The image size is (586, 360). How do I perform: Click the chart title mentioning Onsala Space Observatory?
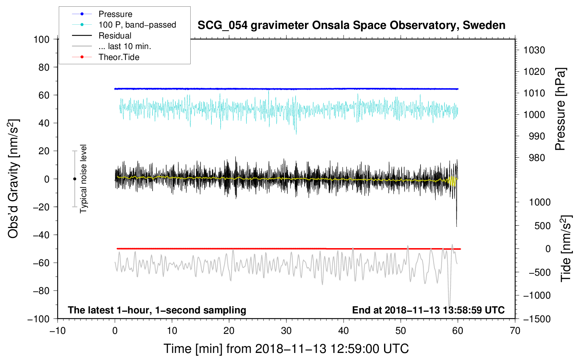[351, 25]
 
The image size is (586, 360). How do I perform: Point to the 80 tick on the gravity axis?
[44, 67]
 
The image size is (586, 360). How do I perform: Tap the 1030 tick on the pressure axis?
[534, 50]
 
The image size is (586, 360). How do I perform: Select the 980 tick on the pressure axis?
[537, 158]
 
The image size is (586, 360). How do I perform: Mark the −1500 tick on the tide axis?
[537, 319]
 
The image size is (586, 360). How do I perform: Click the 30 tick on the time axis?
[286, 331]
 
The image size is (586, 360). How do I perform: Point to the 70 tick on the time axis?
[515, 331]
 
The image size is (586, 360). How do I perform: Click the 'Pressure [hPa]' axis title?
[560, 109]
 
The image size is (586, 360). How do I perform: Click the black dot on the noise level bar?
[74, 179]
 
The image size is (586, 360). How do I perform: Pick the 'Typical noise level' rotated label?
[83, 179]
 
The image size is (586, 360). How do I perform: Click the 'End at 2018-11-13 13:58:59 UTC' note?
[428, 310]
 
